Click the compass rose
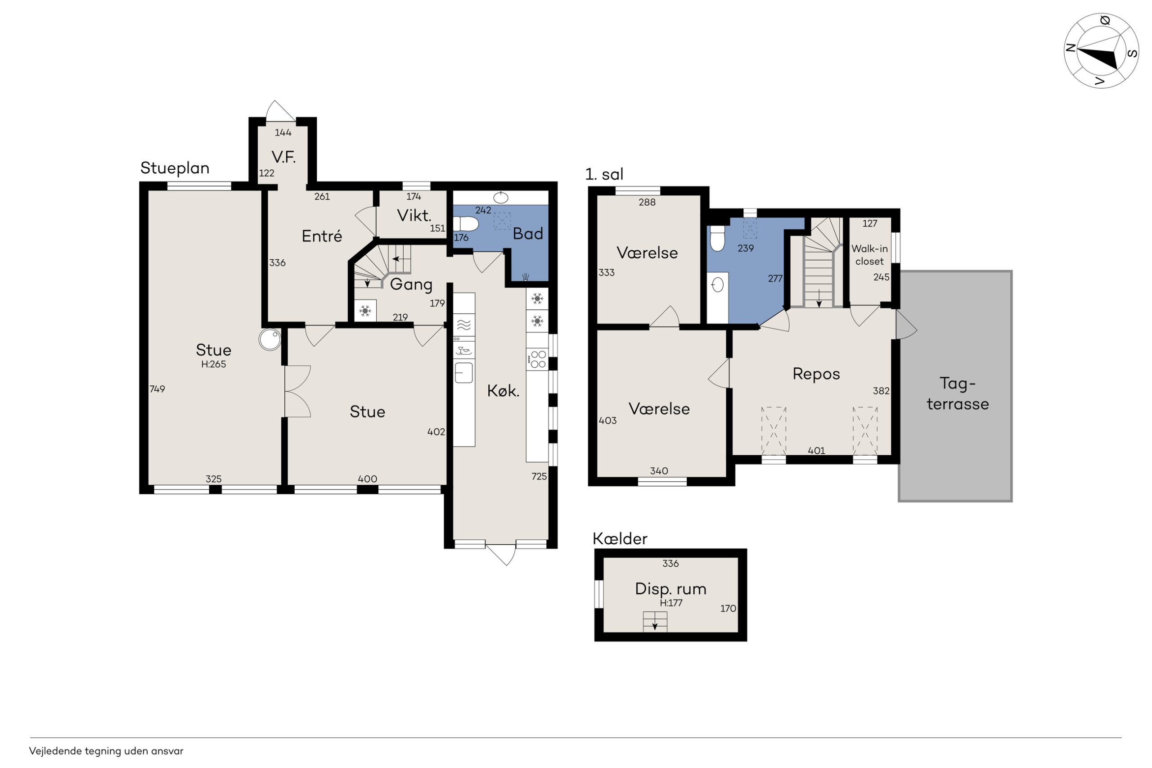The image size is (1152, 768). coord(1101,51)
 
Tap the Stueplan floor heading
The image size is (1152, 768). coord(175,168)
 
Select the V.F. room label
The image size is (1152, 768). coord(283,157)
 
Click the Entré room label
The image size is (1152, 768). coord(322,236)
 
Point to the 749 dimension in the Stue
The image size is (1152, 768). coord(157,389)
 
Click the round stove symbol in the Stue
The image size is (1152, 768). coord(270,339)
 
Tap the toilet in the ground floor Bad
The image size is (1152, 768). coord(466,224)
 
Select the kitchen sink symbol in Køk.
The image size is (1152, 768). coord(463,373)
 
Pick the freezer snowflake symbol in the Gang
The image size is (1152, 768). coord(365,310)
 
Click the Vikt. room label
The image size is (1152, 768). coord(414,216)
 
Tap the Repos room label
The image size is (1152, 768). coord(816,374)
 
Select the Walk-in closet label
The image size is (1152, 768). coord(869,255)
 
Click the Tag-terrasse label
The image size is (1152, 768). coord(958,393)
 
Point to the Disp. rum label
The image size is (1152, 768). coord(671,589)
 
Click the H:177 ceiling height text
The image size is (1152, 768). coord(671,603)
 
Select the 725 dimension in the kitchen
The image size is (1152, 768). coord(539,476)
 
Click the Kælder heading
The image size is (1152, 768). coord(620,539)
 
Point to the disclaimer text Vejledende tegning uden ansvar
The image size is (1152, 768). coord(106,751)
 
